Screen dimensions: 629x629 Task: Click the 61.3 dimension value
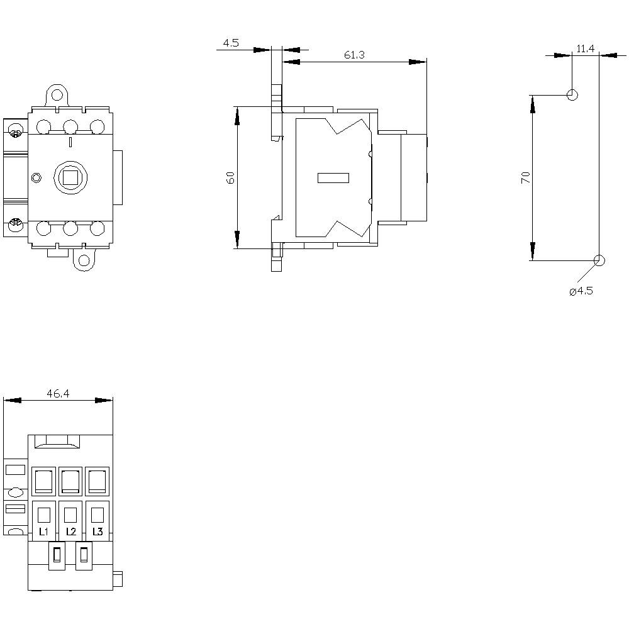coord(354,55)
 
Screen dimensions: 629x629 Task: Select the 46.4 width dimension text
coord(57,394)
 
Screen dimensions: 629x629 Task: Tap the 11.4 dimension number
coord(586,48)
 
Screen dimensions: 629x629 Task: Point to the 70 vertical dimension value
coord(526,177)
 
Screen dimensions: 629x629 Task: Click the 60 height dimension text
coord(230,177)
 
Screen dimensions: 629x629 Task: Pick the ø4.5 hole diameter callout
coord(581,291)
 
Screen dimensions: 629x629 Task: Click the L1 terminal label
coord(43,532)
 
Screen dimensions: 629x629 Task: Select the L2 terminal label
coord(70,532)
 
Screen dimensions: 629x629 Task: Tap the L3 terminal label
coord(97,532)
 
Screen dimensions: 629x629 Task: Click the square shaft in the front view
coord(70,177)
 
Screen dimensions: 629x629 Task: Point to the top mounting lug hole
coord(57,96)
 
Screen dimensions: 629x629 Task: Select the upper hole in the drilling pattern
coord(572,95)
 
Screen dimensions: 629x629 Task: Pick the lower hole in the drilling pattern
coord(599,260)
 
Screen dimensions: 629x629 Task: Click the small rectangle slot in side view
coord(333,178)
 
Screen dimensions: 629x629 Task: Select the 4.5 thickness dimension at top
coord(231,43)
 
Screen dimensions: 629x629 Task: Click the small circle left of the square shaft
coord(36,178)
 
